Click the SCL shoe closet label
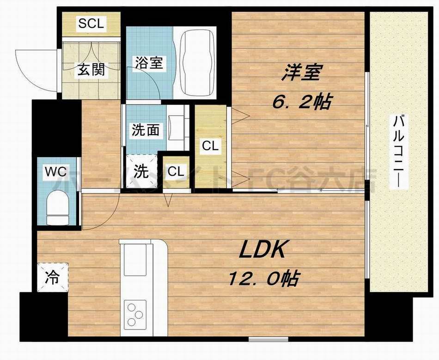91,24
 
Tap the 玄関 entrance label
91,70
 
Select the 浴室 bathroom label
149,63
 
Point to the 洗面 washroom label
146,130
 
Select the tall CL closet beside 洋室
210,146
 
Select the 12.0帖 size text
263,279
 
